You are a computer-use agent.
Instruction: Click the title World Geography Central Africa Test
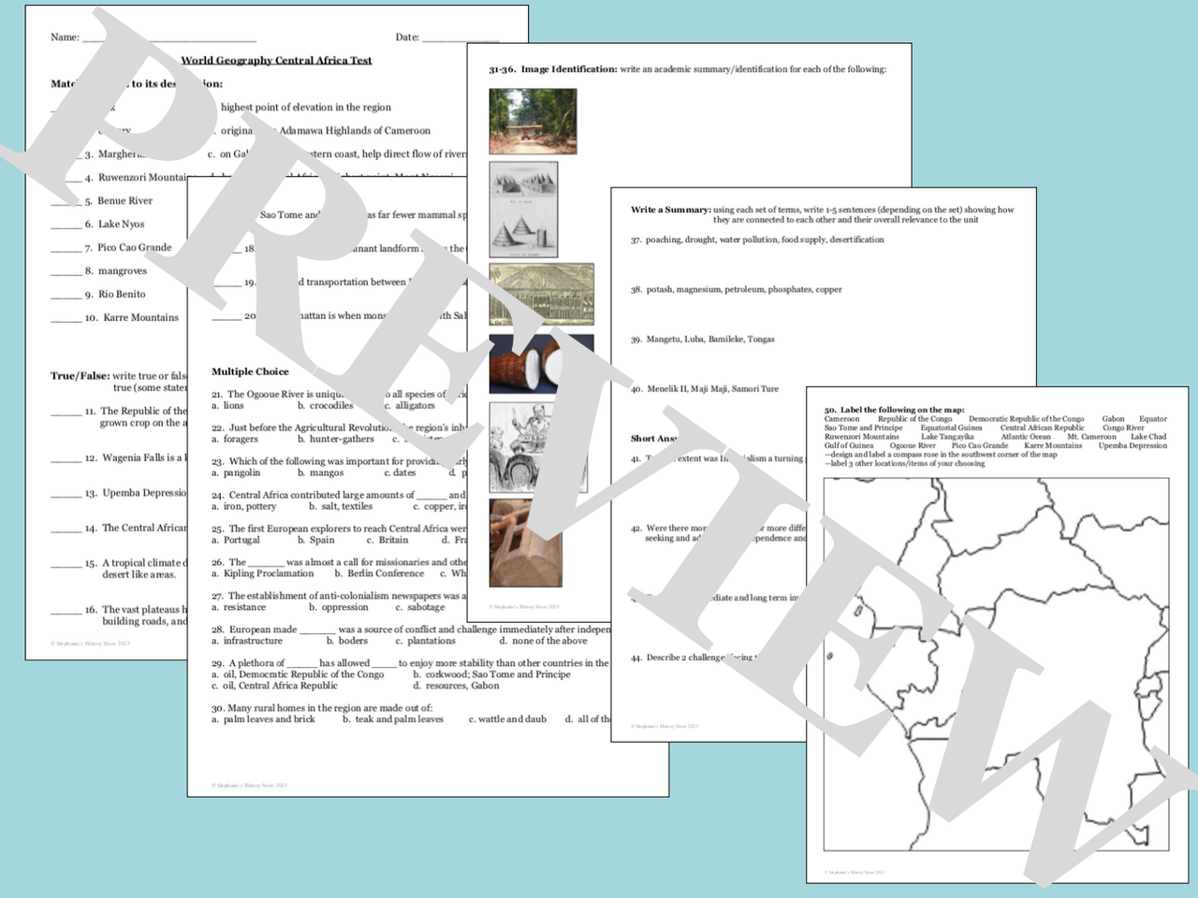pos(276,61)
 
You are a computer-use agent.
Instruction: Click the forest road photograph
pos(533,122)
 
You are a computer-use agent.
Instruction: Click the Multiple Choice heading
pos(250,371)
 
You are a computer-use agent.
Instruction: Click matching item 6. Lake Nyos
pos(121,224)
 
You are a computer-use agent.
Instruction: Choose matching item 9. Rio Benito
pos(121,295)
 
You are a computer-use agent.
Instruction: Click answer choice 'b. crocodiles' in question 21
pos(325,406)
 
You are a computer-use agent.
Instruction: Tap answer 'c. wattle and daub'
pos(506,719)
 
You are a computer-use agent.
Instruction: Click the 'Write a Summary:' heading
pos(669,210)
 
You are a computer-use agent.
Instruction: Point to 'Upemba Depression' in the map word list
pos(1132,446)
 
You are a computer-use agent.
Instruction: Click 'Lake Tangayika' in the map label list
pos(946,437)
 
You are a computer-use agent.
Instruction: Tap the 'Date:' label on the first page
pos(407,37)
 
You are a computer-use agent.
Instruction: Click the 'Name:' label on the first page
pos(65,37)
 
